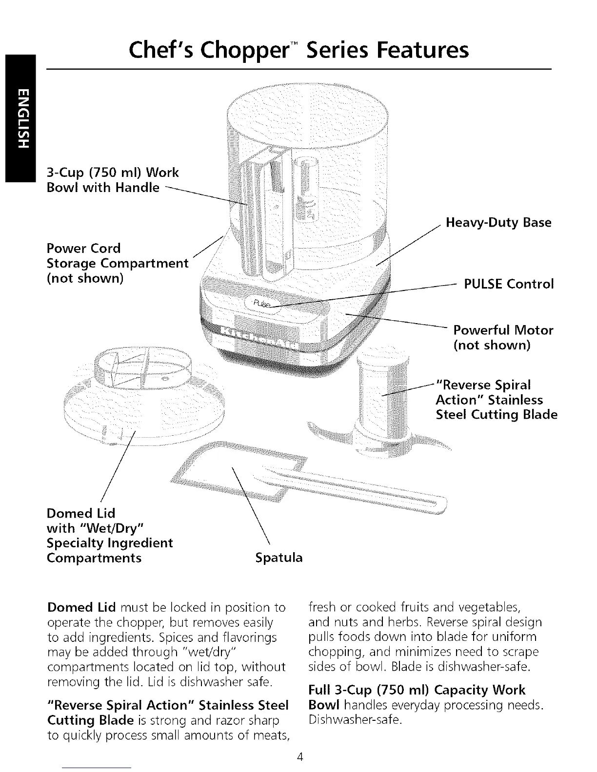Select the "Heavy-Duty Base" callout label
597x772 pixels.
pyautogui.click(x=498, y=223)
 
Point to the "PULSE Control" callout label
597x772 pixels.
pyautogui.click(x=509, y=284)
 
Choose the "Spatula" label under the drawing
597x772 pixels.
pyautogui.click(x=279, y=558)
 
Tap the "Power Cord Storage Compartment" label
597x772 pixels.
pyautogui.click(x=117, y=263)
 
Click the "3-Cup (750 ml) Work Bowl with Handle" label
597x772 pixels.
pyautogui.click(x=112, y=180)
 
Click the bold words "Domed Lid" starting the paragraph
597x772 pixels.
pyautogui.click(x=81, y=608)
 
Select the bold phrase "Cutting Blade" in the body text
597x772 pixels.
pyautogui.click(x=90, y=720)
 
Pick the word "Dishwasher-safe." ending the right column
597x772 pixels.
pyautogui.click(x=356, y=720)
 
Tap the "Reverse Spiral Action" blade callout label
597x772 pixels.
pyautogui.click(x=496, y=400)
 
